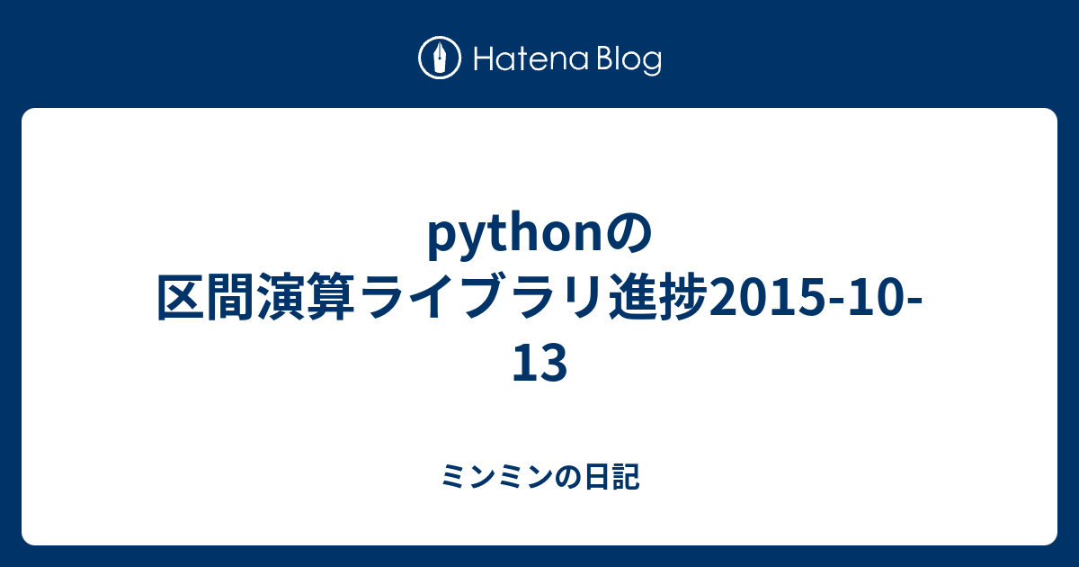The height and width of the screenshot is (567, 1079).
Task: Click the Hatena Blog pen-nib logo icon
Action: (x=440, y=58)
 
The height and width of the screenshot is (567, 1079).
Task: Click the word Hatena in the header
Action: (x=531, y=59)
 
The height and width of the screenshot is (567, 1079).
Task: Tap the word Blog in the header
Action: (x=629, y=60)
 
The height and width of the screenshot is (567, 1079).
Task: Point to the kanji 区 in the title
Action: (x=181, y=296)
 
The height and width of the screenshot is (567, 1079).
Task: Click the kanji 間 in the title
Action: (x=232, y=296)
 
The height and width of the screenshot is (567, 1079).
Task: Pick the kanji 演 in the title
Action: (x=282, y=296)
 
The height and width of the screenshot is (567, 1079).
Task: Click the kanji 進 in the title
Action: (x=632, y=296)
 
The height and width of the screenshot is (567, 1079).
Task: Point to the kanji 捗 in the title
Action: (x=683, y=296)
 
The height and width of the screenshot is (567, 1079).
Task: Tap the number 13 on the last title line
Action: (x=539, y=363)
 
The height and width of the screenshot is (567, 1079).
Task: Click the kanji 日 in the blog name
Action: (x=596, y=477)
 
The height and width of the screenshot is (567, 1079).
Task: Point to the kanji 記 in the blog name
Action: (x=626, y=477)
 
